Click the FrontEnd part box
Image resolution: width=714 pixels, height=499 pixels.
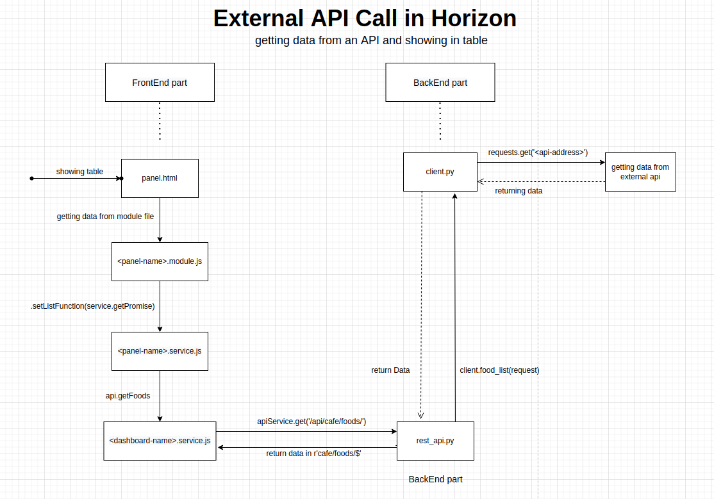click(160, 83)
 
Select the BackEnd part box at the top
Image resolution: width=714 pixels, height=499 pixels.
click(440, 83)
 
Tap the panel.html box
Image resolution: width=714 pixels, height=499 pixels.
click(160, 178)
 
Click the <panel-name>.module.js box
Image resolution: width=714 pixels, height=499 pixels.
click(160, 261)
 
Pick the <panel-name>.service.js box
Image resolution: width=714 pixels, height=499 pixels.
click(160, 351)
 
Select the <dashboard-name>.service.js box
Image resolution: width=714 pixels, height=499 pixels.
click(160, 441)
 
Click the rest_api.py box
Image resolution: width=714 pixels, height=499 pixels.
click(435, 441)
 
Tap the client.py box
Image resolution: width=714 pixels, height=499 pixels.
click(440, 172)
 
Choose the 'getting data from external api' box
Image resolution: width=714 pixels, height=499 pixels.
click(640, 172)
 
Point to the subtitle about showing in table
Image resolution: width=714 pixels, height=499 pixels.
click(371, 41)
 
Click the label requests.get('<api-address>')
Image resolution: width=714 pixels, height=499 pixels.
click(538, 152)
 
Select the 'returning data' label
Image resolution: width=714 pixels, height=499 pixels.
click(519, 191)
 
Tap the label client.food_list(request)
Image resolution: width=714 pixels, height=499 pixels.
click(499, 370)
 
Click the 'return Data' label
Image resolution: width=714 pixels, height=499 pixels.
click(390, 370)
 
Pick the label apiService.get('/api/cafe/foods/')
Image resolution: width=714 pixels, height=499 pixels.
click(311, 421)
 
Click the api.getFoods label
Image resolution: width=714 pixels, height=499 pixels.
click(128, 396)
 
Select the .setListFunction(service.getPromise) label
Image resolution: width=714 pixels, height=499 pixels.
click(93, 306)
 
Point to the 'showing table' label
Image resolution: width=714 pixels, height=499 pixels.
click(79, 172)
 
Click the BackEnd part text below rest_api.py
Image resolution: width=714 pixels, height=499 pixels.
click(435, 479)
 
